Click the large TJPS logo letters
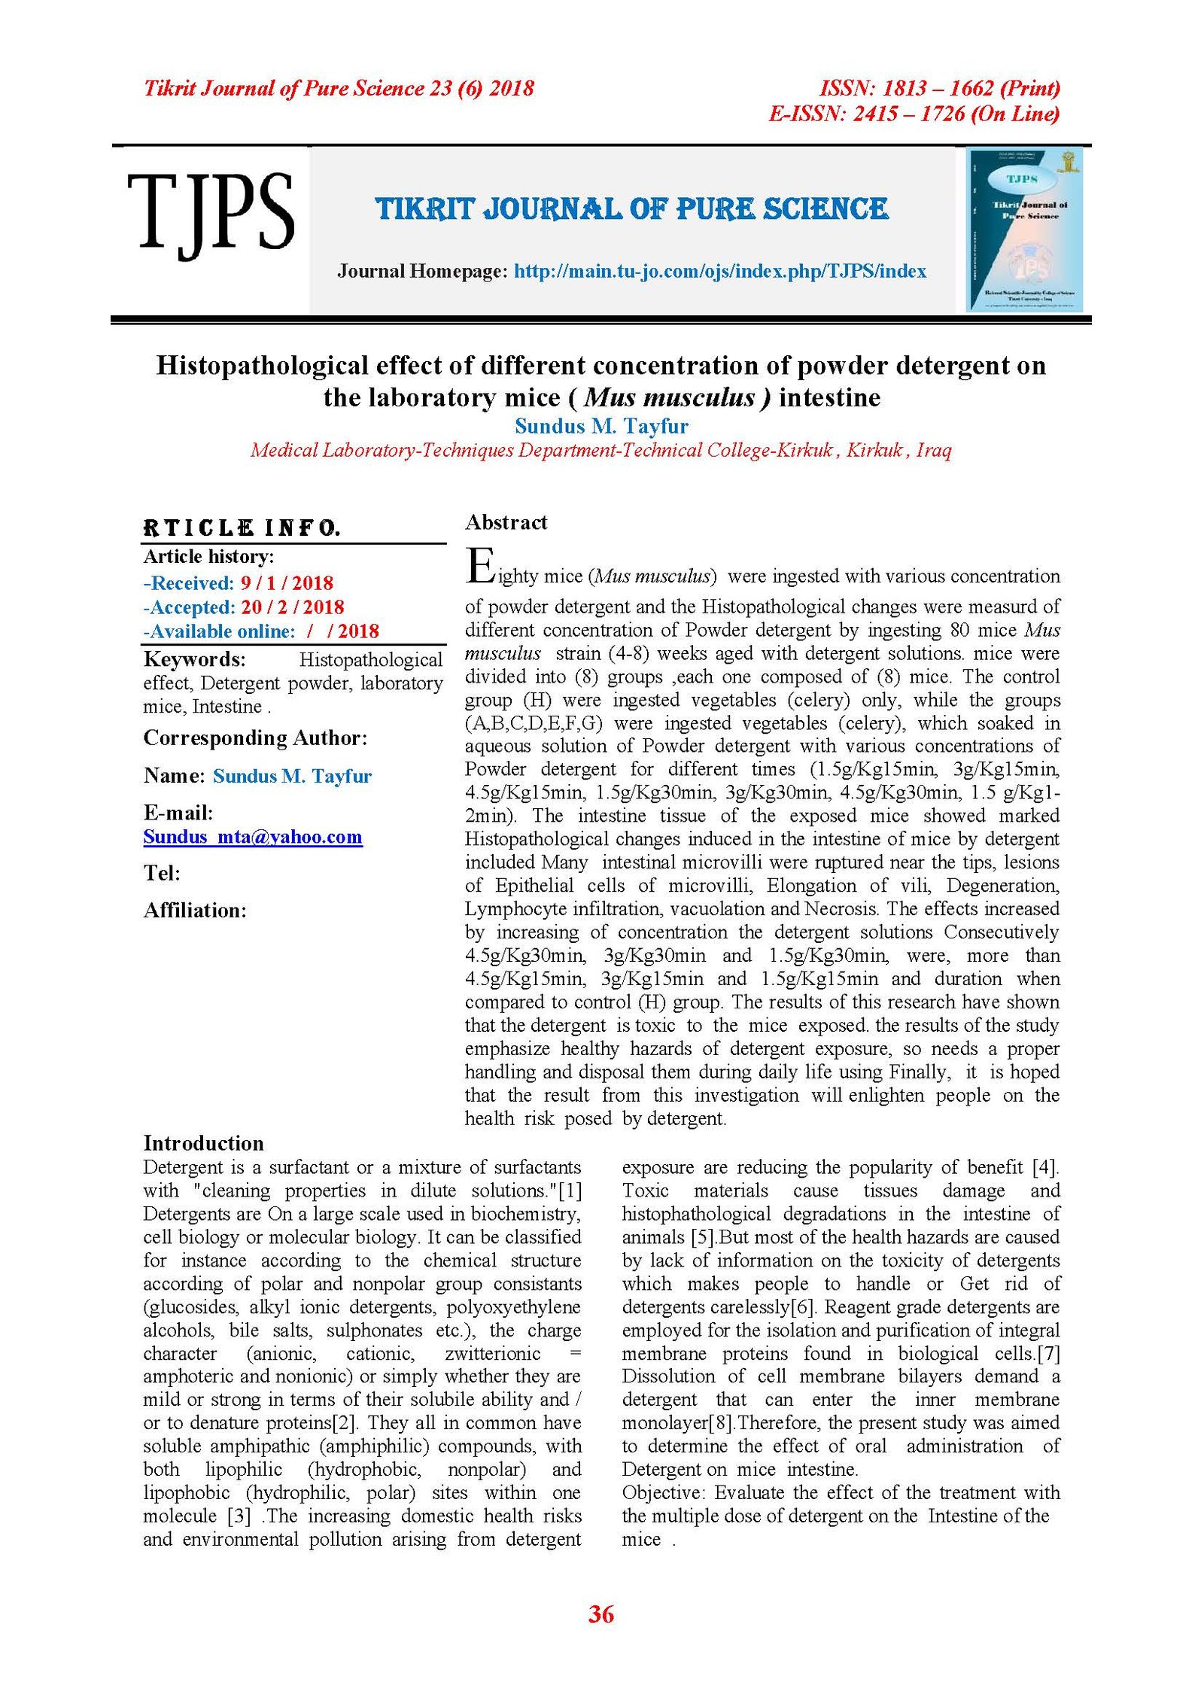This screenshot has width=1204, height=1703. click(x=210, y=212)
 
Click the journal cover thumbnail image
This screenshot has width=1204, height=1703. click(x=1024, y=230)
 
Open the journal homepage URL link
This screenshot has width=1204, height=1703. click(x=719, y=271)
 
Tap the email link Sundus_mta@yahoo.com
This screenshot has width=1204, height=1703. click(x=253, y=837)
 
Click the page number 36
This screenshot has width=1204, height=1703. click(x=601, y=1614)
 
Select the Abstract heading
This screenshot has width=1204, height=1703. click(x=506, y=522)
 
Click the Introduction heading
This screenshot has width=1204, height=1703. click(x=203, y=1143)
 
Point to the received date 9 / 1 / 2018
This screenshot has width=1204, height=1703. click(x=287, y=582)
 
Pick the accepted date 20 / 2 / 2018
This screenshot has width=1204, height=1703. click(x=292, y=607)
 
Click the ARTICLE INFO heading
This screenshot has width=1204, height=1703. click(x=242, y=528)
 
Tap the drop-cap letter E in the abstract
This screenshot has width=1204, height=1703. click(x=479, y=567)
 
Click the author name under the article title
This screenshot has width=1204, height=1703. click(x=601, y=426)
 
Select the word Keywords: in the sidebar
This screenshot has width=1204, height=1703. click(x=194, y=659)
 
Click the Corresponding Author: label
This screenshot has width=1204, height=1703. click(x=255, y=737)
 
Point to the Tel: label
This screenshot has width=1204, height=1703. click(x=162, y=873)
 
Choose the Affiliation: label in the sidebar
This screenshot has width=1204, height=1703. click(x=195, y=911)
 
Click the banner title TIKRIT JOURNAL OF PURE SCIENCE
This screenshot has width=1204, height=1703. click(x=632, y=209)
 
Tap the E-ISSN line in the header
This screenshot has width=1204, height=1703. click(x=914, y=114)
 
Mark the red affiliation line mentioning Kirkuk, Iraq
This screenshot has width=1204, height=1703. click(x=601, y=450)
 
